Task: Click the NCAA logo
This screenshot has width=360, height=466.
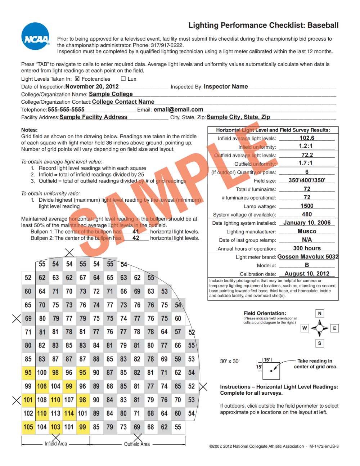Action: click(36, 36)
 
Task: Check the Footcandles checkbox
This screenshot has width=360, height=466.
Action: click(77, 79)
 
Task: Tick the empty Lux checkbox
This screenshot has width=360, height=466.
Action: click(123, 79)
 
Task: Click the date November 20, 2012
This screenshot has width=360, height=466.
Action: click(92, 86)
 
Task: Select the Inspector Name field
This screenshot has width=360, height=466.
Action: click(226, 86)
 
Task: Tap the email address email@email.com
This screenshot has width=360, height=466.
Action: click(178, 109)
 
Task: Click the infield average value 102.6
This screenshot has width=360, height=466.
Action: click(307, 138)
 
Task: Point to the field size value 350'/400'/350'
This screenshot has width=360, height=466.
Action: click(307, 180)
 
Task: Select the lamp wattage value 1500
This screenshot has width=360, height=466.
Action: click(307, 206)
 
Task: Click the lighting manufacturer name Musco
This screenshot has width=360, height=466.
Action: click(307, 231)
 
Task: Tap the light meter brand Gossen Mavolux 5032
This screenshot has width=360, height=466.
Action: click(308, 257)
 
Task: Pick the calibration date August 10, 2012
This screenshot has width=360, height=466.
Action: click(307, 274)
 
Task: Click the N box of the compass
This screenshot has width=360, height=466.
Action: click(320, 313)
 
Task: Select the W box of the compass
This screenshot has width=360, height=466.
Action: click(305, 328)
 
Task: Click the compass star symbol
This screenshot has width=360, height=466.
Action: click(320, 328)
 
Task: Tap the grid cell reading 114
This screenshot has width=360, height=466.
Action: click(69, 413)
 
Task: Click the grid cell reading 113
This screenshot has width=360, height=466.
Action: click(55, 413)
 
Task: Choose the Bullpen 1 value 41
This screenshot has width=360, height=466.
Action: click(136, 232)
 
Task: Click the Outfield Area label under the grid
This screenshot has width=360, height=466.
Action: click(137, 444)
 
